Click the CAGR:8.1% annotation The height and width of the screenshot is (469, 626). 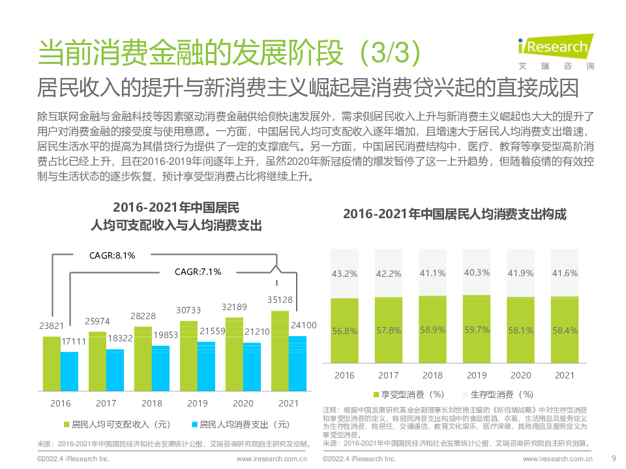tap(112, 255)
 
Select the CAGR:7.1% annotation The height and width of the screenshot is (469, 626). tap(198, 271)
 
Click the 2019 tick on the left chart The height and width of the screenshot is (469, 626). tap(198, 403)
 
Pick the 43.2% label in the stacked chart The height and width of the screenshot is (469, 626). tap(344, 273)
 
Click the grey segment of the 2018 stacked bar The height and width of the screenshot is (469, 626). tap(432, 272)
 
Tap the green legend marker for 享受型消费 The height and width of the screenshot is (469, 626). tap(377, 395)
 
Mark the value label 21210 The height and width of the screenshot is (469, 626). tap(257, 332)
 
